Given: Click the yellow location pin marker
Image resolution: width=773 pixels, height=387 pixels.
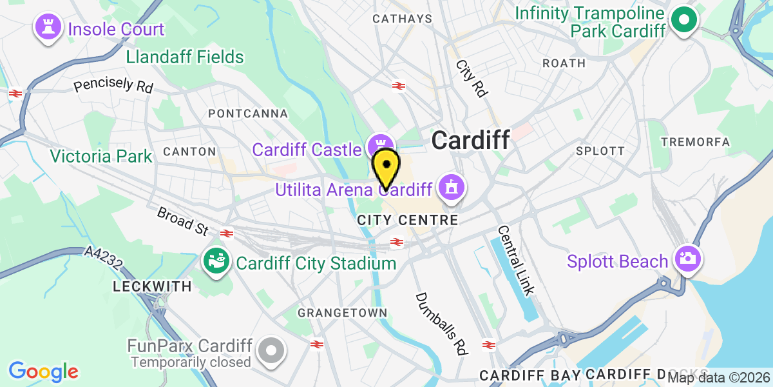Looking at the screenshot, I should [386, 166].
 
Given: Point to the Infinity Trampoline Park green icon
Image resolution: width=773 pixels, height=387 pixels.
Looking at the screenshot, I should [684, 21].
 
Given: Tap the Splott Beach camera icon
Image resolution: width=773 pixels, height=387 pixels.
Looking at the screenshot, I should [687, 259].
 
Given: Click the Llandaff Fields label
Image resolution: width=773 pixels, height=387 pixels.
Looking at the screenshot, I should [185, 57].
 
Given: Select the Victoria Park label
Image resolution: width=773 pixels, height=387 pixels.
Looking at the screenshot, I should [101, 156].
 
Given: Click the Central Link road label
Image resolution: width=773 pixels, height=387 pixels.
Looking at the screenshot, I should [517, 260].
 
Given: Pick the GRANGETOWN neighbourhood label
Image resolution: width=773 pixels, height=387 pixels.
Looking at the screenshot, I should [343, 313].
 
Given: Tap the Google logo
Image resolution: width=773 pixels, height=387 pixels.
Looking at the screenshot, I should [43, 372].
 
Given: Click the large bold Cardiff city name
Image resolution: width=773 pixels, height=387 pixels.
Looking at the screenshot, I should [470, 139].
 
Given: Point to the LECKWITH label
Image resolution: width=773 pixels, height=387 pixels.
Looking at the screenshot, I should [152, 286].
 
